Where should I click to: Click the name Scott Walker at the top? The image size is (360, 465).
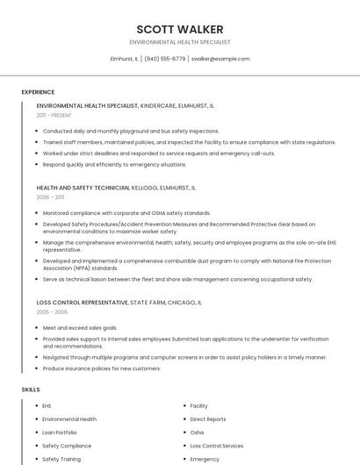[179, 29]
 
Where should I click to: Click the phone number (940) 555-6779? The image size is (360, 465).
[164, 59]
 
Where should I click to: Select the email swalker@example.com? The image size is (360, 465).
[220, 59]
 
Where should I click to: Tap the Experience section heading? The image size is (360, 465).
[38, 92]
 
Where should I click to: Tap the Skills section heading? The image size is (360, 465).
[31, 389]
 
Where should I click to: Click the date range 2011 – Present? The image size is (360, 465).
[54, 116]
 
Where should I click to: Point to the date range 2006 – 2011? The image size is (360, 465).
[50, 197]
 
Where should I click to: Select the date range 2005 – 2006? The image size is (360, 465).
[52, 312]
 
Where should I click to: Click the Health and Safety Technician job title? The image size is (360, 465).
[83, 188]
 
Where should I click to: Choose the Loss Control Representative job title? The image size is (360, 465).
[83, 303]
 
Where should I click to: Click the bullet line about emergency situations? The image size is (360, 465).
[114, 164]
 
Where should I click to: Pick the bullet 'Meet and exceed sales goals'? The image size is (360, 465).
[80, 327]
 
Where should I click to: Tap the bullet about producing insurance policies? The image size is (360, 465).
[101, 368]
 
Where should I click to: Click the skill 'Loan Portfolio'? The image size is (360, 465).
[60, 433]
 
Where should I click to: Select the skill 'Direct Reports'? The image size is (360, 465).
[208, 419]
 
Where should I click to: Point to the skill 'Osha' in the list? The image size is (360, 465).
[197, 433]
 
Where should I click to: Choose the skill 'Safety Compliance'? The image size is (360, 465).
[67, 446]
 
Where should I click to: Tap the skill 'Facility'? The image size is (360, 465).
[199, 406]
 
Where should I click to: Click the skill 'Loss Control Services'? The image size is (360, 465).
[217, 446]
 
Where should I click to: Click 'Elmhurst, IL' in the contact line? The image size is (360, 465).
[122, 59]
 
